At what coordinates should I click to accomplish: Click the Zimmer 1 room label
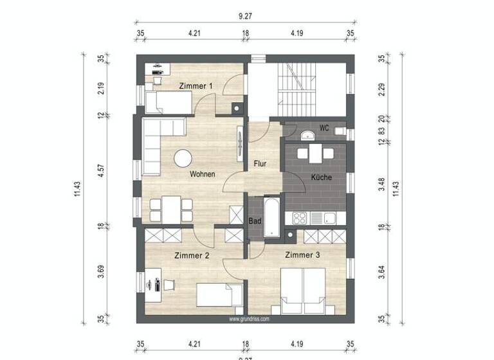196,85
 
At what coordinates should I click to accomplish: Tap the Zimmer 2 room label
192,255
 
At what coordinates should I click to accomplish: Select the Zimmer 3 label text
302,255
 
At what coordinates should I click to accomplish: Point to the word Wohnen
202,174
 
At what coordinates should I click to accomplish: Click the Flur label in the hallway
260,164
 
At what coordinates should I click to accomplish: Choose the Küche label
322,176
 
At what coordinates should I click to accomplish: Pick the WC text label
325,129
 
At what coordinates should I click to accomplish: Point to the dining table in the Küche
315,154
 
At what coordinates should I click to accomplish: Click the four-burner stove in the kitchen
300,218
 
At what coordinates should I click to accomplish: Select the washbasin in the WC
308,134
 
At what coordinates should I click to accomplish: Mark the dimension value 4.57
100,172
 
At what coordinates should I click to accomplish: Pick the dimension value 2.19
100,88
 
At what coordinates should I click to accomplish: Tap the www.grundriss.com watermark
249,318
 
